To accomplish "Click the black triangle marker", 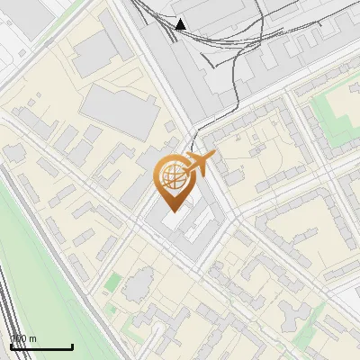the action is tap(181, 24).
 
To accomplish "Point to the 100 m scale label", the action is tap(23, 339).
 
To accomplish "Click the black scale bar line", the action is tap(41, 346).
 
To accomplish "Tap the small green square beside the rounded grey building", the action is tap(112, 283).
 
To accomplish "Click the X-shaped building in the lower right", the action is tap(294, 317).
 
